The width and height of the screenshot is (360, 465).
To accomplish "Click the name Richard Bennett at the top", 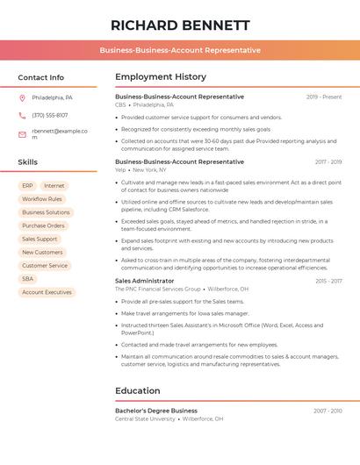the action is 180,25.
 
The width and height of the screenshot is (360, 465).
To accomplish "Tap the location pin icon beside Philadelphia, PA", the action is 22,97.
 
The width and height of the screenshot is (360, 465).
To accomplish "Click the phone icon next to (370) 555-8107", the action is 22,115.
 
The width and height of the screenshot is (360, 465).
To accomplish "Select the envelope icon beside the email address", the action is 22,134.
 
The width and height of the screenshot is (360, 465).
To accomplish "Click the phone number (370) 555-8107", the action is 50,115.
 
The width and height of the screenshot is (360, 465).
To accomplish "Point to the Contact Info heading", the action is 41,77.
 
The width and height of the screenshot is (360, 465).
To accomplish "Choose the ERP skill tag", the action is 27,186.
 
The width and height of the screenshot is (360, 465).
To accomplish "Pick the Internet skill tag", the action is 54,186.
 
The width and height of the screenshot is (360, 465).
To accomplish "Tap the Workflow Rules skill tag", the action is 42,199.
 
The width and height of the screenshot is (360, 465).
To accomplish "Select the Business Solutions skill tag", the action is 46,212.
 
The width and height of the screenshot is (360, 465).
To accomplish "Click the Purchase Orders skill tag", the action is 43,225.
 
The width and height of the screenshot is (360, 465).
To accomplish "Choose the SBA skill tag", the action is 28,279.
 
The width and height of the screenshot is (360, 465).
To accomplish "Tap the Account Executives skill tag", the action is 47,292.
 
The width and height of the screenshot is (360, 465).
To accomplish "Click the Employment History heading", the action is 161,77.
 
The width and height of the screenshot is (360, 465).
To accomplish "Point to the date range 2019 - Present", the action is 324,97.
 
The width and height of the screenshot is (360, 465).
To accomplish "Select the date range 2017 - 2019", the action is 328,162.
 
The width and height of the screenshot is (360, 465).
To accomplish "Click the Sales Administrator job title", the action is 145,281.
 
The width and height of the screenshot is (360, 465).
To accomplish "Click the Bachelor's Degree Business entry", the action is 156,411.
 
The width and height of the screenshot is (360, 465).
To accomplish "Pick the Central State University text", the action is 145,418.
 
